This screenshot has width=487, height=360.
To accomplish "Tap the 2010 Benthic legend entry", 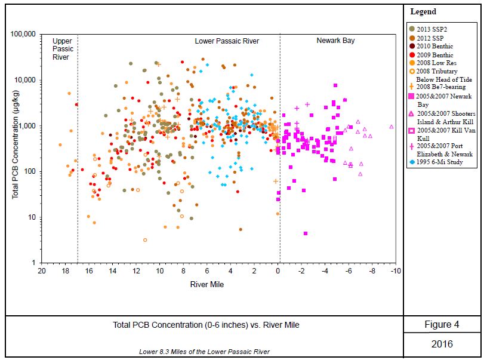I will tap(434, 46).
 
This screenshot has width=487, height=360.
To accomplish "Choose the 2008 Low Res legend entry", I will tap(435, 63).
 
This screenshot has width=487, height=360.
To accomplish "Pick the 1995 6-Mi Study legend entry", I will tap(439, 161).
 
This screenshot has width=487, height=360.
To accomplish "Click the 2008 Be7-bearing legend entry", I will tap(440, 87).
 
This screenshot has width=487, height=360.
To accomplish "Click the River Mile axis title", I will tap(207, 285).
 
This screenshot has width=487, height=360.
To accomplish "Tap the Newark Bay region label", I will tap(335, 41).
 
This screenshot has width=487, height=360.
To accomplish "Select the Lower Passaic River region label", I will tap(230, 41).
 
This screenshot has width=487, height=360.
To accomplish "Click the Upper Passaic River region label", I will tap(61, 50).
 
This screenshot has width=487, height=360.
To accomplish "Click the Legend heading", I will tap(423, 11).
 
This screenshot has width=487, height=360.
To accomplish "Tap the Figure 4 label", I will tap(442, 325).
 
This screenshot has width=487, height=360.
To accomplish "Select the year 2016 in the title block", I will tap(442, 344).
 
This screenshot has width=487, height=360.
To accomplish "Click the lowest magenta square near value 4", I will tap(306, 233).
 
